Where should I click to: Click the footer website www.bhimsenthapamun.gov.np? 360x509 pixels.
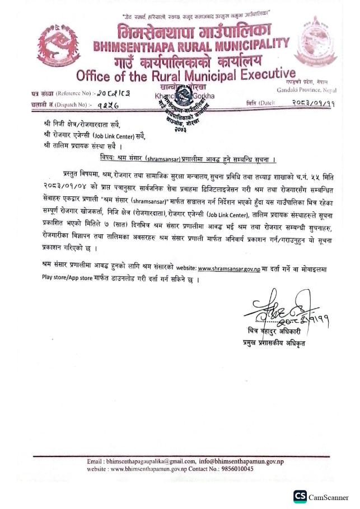pos(149,469)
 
